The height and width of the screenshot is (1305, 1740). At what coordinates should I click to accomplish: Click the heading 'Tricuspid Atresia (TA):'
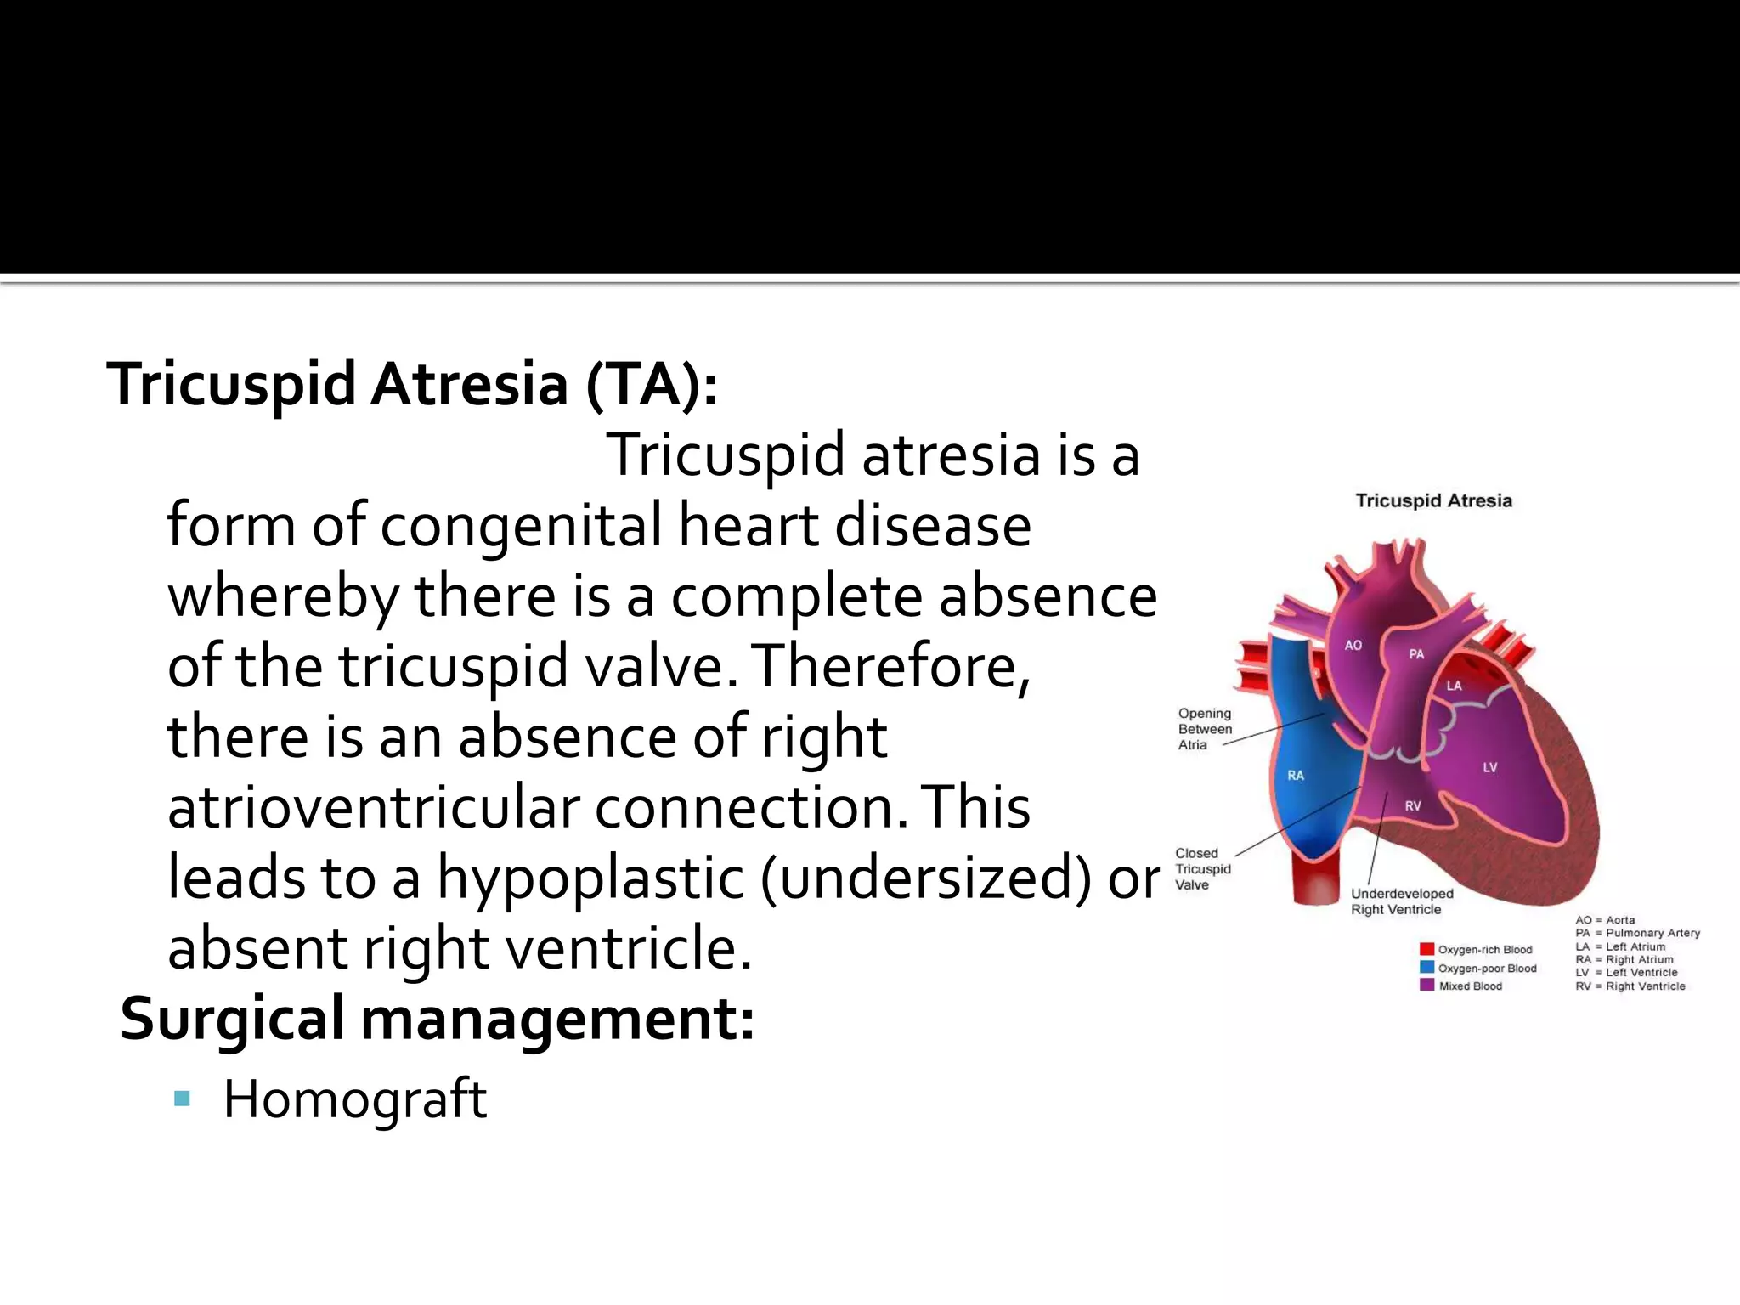(412, 385)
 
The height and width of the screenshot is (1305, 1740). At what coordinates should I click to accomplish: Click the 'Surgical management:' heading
(437, 1019)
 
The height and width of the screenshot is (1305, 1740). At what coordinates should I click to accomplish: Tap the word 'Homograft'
(354, 1099)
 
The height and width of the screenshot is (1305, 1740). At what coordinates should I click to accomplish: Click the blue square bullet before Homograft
(181, 1099)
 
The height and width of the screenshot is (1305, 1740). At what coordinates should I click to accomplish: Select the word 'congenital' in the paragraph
(520, 526)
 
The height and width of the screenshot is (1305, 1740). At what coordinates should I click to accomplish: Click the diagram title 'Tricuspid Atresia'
(1433, 501)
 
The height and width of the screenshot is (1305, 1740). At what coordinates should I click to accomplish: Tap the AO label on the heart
(1353, 646)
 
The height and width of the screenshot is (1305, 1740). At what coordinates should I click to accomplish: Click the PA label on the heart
(1416, 654)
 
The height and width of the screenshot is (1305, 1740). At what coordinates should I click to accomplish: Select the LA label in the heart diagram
(1455, 686)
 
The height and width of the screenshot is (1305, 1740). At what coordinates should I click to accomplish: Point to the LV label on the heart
(1490, 767)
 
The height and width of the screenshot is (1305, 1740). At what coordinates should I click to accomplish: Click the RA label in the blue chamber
(1296, 775)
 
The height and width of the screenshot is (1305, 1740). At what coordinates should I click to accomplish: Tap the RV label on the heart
(1413, 806)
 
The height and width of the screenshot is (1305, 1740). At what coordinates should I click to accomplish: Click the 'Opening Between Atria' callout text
(1205, 729)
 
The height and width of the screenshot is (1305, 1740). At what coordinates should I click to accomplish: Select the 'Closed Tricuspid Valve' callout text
(1202, 869)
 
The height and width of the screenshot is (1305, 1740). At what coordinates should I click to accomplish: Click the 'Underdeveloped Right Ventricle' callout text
(1402, 901)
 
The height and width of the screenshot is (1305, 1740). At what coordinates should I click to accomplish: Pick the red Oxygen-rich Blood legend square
(1426, 949)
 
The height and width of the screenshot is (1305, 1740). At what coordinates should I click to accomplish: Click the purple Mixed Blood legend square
(1426, 986)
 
